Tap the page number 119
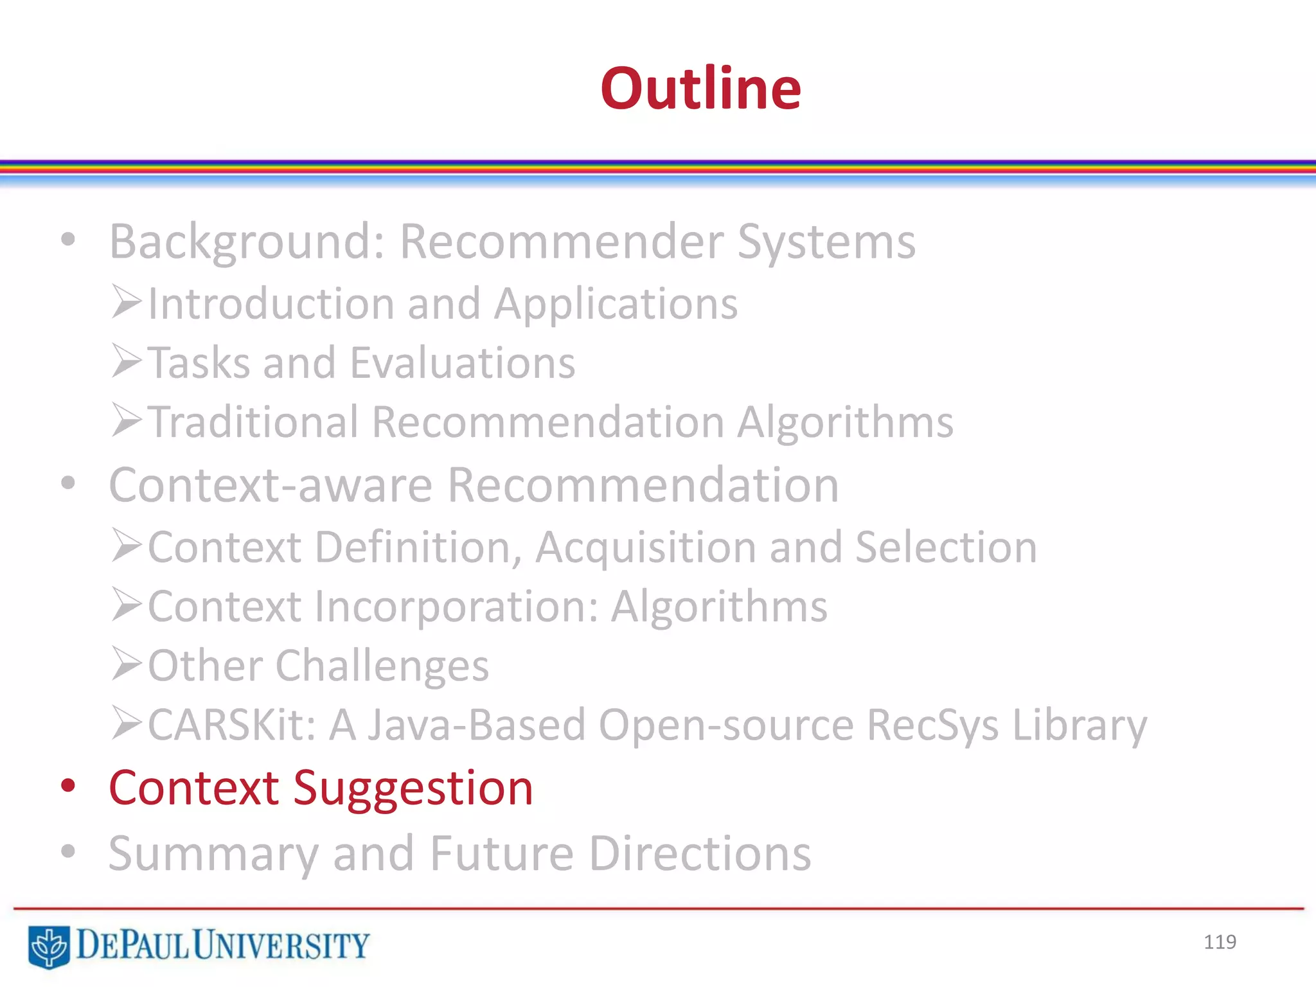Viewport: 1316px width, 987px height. point(1220,942)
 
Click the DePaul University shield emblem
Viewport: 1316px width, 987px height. point(49,946)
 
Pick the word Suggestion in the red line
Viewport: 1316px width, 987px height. point(413,788)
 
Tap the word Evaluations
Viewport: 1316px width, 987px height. point(463,363)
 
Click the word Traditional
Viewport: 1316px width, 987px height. point(253,422)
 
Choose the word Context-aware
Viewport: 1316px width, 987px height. point(271,485)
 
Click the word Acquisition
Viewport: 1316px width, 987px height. point(645,547)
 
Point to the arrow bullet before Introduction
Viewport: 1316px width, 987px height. point(126,302)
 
